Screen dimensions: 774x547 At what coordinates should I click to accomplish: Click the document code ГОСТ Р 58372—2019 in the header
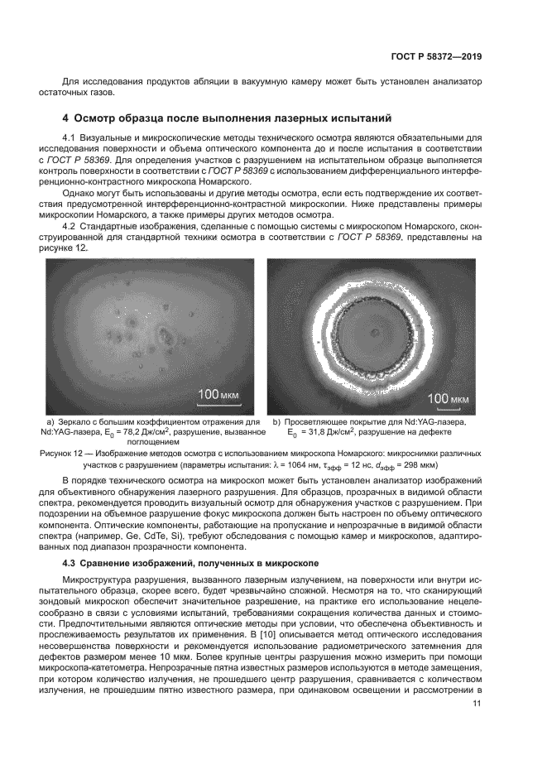tap(435, 57)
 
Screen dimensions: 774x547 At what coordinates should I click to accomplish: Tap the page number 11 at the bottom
tap(477, 704)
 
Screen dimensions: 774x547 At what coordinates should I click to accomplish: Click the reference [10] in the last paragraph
tap(262, 633)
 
